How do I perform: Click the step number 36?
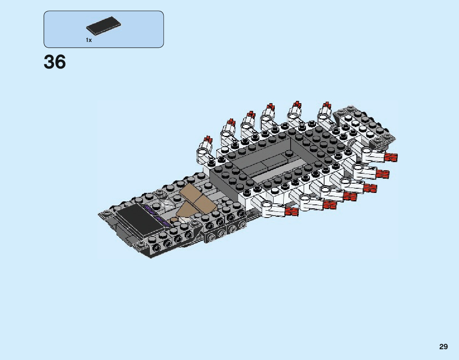click(x=55, y=62)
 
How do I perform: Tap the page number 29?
click(x=443, y=347)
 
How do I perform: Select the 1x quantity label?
click(x=89, y=40)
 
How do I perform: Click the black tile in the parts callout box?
click(x=103, y=25)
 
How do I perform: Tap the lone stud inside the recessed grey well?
click(x=289, y=153)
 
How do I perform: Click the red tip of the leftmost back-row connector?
click(x=208, y=139)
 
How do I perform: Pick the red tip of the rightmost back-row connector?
click(x=326, y=105)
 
